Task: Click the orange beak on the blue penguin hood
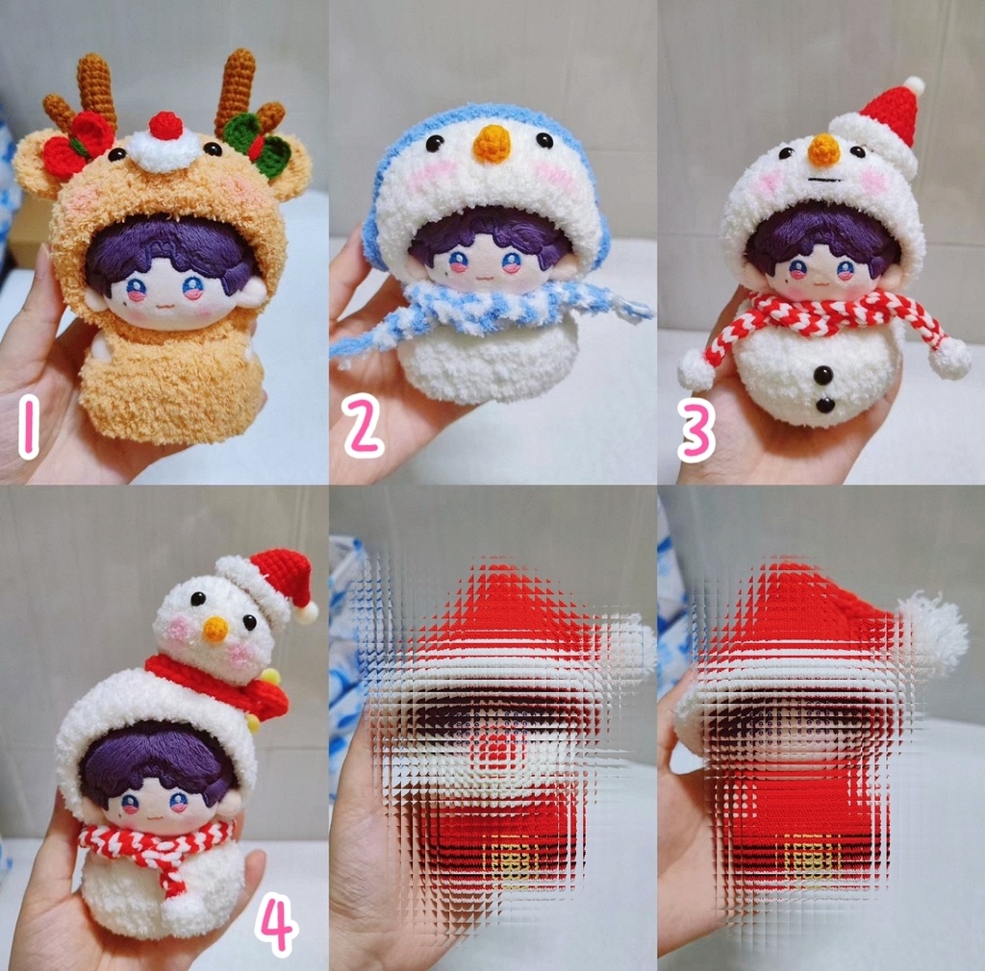pos(492,143)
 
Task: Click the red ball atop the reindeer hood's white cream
pos(165,125)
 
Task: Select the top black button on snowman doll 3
pos(823,374)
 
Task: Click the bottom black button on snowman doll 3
pos(824,405)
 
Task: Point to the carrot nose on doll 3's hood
pos(823,149)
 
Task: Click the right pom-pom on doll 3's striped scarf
pos(949,357)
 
